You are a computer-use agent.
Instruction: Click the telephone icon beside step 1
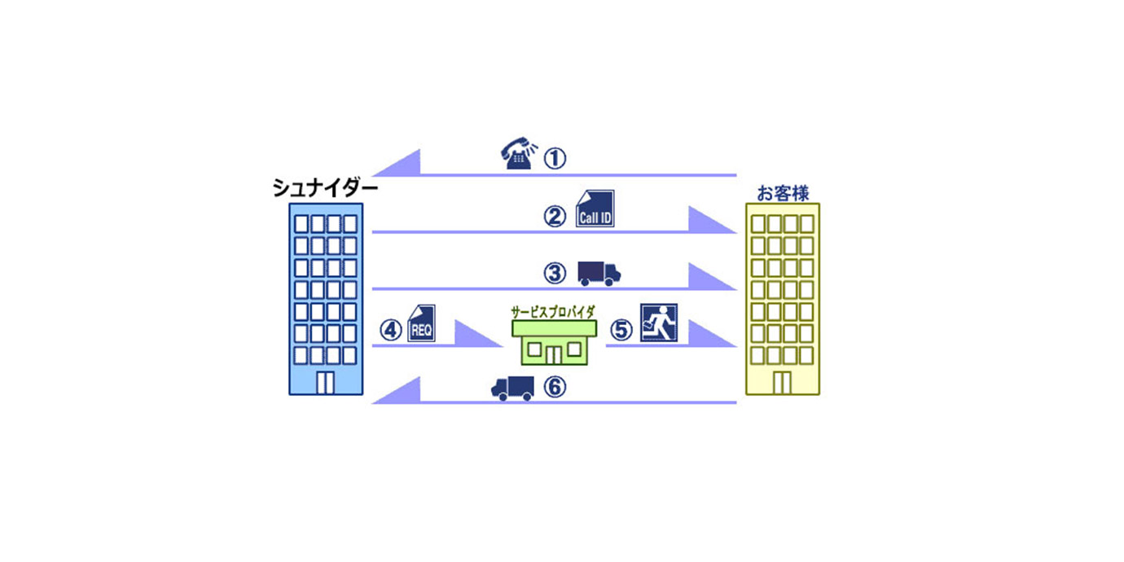click(518, 155)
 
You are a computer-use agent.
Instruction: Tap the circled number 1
click(554, 158)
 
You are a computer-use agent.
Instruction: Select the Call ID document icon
click(595, 209)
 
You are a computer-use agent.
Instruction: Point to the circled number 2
click(555, 217)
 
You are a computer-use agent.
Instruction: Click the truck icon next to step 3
click(599, 274)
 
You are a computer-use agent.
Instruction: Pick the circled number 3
click(555, 274)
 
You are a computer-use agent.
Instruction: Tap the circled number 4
click(392, 330)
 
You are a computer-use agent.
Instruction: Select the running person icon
click(658, 323)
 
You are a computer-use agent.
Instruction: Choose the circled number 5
click(621, 330)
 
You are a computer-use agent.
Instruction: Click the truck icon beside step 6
click(512, 388)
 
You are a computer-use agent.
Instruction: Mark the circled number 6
click(554, 388)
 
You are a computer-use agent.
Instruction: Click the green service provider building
click(554, 342)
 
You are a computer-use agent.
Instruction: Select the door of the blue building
click(325, 383)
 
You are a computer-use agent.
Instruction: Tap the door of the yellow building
click(782, 383)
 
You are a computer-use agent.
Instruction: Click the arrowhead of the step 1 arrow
click(399, 164)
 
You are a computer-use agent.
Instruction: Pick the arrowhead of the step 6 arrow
click(399, 392)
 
